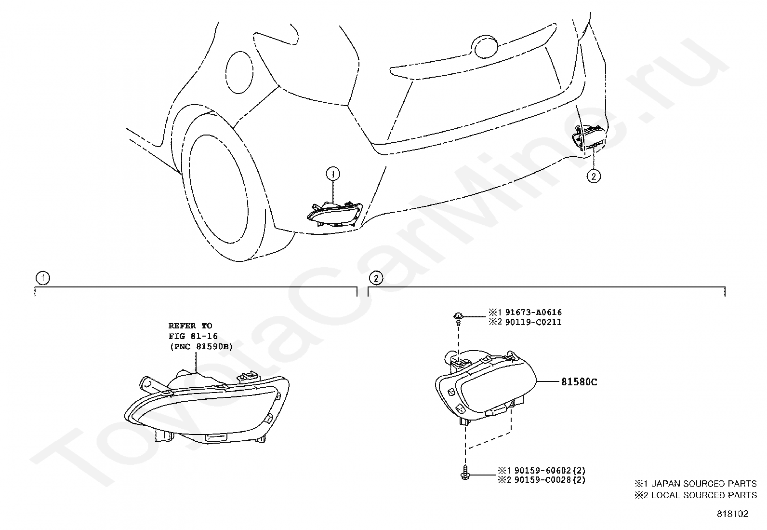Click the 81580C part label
click(579, 382)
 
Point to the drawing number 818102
click(732, 514)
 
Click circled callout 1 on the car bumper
click(332, 174)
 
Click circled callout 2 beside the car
click(594, 177)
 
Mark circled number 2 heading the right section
click(376, 278)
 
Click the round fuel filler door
click(239, 71)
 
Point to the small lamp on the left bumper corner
click(333, 214)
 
